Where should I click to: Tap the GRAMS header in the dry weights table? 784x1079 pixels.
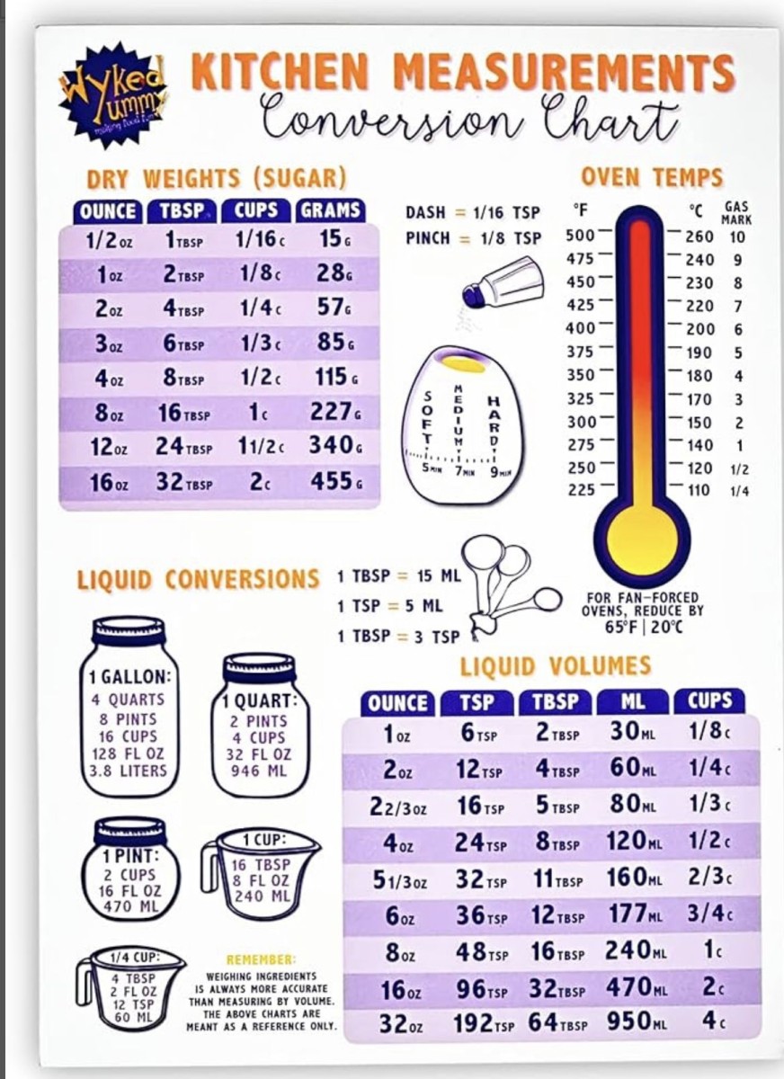point(330,211)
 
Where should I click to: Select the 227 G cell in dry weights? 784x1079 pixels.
point(335,411)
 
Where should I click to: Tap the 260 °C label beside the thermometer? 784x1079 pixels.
point(699,237)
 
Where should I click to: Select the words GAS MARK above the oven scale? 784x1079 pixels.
point(736,212)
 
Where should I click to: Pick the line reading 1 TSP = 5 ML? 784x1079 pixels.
point(390,606)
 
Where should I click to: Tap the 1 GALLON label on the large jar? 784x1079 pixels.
point(130,677)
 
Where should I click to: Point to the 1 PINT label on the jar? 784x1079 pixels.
point(130,855)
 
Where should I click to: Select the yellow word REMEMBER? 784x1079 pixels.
point(261,960)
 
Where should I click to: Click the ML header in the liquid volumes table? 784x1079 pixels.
point(632,702)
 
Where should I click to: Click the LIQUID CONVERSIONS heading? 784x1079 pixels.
point(198,579)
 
